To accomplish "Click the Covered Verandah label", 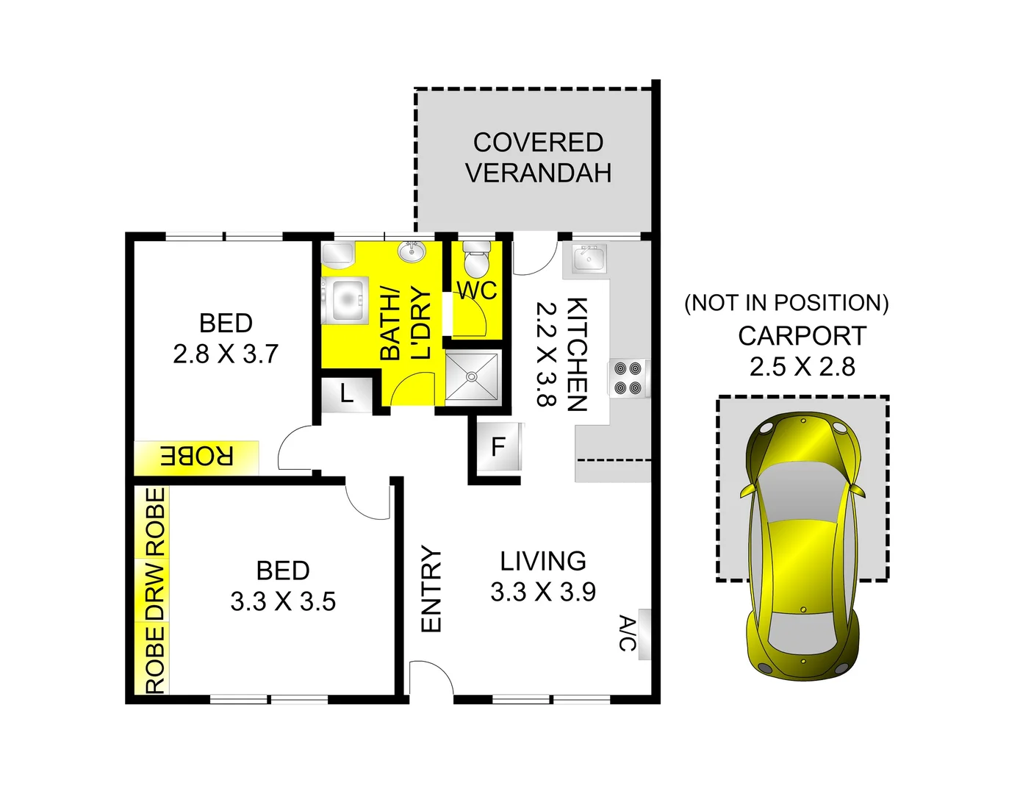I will [x=538, y=157].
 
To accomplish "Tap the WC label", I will [x=477, y=290].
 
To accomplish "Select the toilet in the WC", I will [x=476, y=258].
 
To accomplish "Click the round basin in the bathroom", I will [x=412, y=252].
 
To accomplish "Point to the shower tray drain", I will [x=472, y=376].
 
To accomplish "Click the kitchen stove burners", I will [x=628, y=378].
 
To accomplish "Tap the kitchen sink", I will [x=588, y=259].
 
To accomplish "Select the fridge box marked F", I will [x=498, y=446].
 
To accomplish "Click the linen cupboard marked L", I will [x=347, y=394].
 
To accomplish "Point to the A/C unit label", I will [x=627, y=634].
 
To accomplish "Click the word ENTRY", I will [x=431, y=589].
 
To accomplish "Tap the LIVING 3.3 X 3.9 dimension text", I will [x=543, y=592].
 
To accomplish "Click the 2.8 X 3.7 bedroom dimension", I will [x=226, y=354].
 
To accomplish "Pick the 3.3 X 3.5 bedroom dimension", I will [x=283, y=601].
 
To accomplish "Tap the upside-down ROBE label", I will [x=197, y=457].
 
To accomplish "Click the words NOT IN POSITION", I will [x=786, y=303].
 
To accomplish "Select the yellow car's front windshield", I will [x=800, y=493].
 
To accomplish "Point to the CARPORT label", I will [x=802, y=336].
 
